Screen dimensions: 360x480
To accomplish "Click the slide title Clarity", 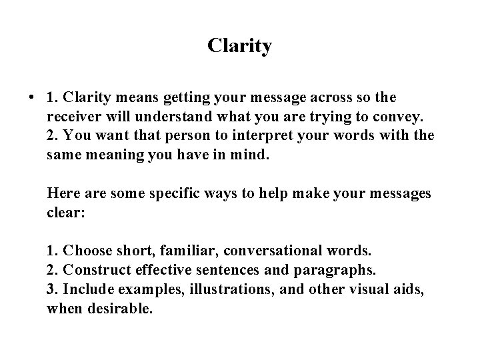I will (x=239, y=46).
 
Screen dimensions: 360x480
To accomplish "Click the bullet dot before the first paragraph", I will (x=31, y=98).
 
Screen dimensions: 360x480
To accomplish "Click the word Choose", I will (x=87, y=252).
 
